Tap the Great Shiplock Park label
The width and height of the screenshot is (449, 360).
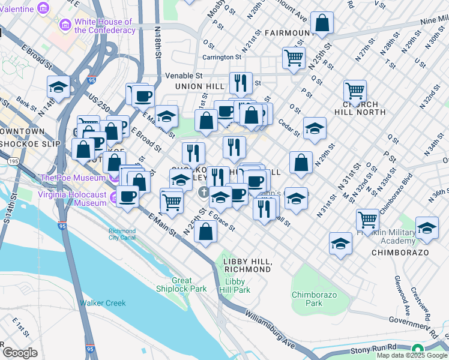(x=182, y=284)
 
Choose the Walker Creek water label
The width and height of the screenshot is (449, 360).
(x=103, y=303)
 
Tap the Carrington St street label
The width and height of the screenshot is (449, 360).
(x=221, y=58)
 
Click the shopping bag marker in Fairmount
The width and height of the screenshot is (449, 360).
(x=322, y=23)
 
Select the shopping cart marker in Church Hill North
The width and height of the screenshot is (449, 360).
(x=355, y=91)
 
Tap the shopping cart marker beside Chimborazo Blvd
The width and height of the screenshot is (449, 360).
(x=367, y=220)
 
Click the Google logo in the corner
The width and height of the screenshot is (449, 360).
(x=20, y=353)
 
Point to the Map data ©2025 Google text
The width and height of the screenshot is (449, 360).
(x=411, y=355)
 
